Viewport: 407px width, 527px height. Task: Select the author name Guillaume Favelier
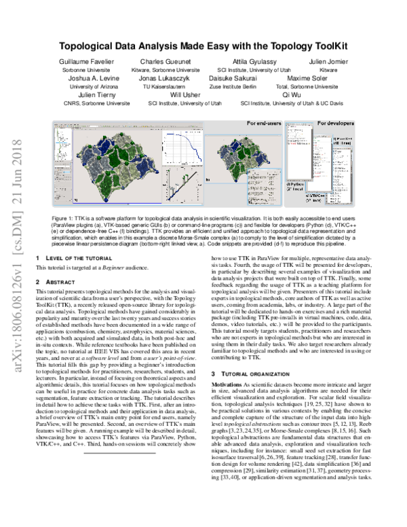tap(88, 62)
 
